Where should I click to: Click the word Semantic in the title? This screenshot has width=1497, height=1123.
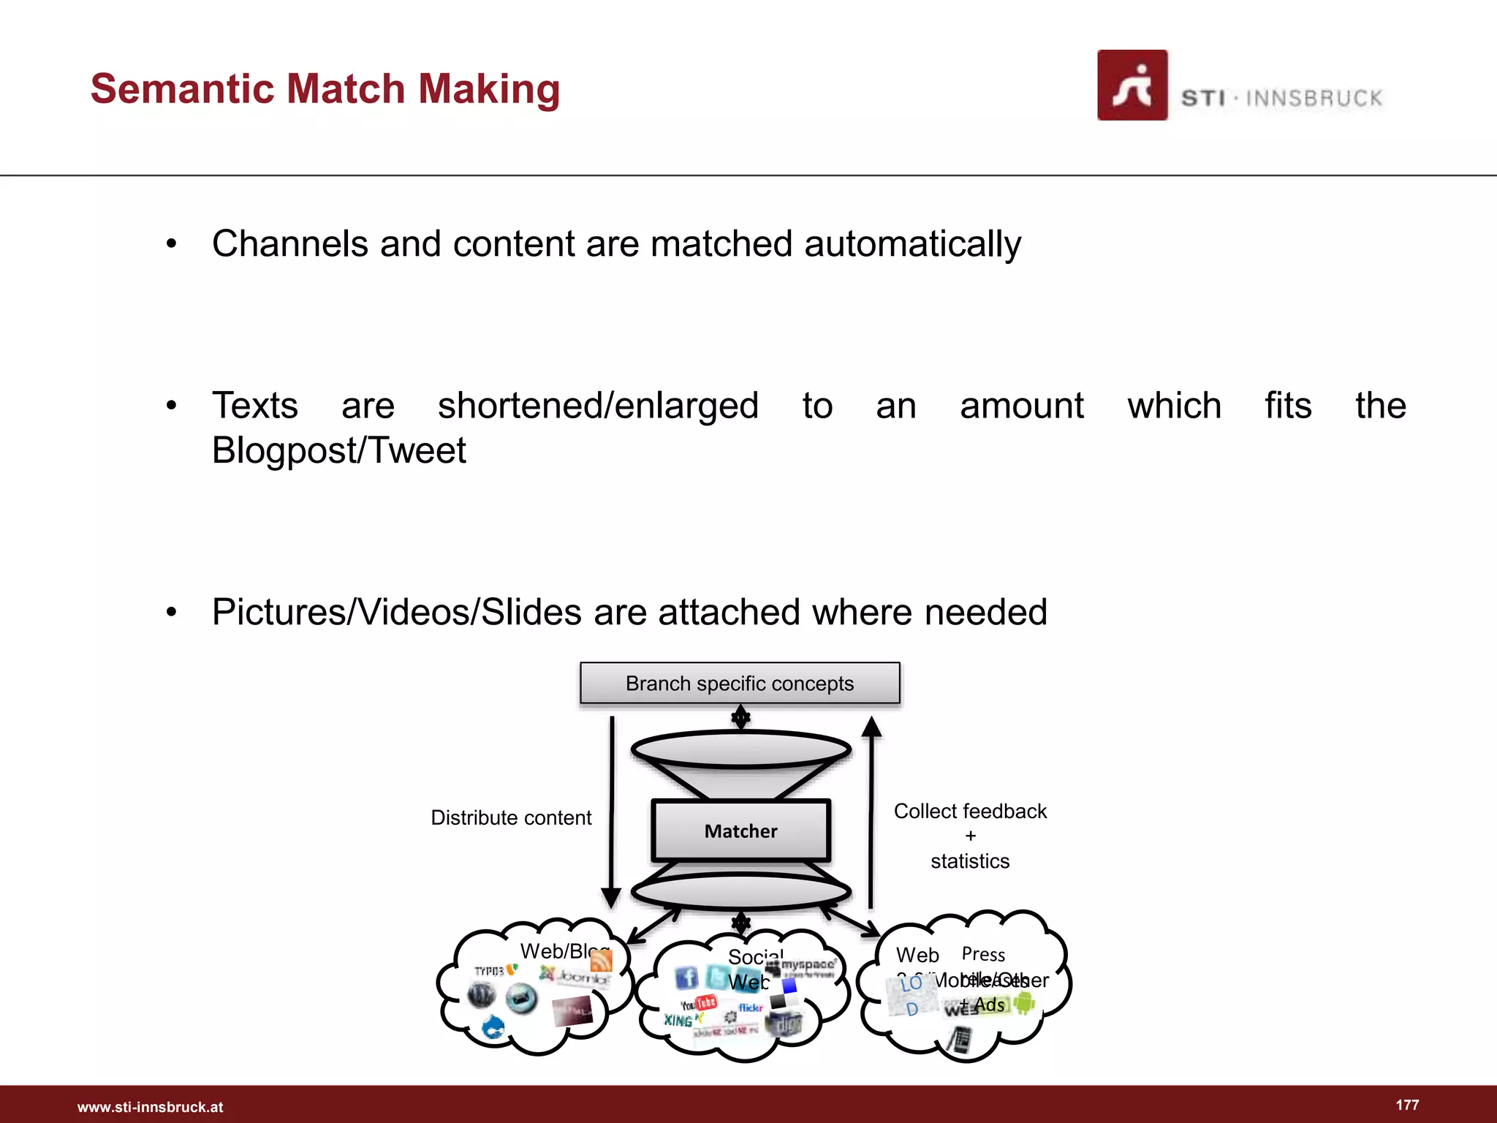coord(183,89)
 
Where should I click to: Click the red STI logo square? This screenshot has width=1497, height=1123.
coord(1132,85)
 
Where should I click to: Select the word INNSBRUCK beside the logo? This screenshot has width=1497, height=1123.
coord(1314,98)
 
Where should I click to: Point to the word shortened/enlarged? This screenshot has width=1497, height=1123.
coord(598,406)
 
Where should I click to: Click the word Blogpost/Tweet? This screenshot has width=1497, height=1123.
coord(338,450)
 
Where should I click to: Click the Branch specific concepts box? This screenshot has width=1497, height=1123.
coord(740,684)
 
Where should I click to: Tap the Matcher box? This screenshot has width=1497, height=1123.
coord(740,831)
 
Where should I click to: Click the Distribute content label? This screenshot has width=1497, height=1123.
coord(511,817)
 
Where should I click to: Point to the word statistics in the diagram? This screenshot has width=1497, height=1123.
coord(970,861)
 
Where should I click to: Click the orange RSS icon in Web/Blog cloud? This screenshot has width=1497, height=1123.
coord(601,960)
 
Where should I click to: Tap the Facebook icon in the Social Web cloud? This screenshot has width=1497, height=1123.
coord(686,978)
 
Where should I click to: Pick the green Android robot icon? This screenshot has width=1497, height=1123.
coord(1024,1003)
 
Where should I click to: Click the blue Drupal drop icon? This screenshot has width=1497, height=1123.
coord(493,1028)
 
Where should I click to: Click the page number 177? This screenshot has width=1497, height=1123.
coord(1407,1105)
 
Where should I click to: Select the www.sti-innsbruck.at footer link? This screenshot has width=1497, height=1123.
coord(150,1107)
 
